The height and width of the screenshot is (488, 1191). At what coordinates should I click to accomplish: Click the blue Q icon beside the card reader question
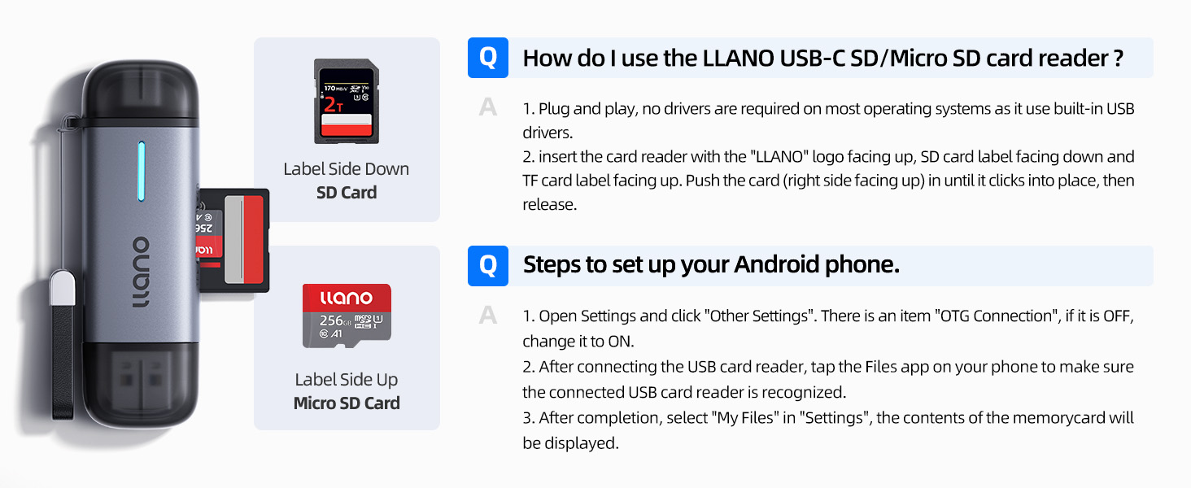pyautogui.click(x=487, y=58)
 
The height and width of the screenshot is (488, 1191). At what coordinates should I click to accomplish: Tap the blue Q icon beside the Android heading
pyautogui.click(x=487, y=266)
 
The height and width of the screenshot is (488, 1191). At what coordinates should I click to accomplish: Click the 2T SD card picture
pyautogui.click(x=346, y=101)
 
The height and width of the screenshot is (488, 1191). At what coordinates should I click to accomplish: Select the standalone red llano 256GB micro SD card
pyautogui.click(x=347, y=316)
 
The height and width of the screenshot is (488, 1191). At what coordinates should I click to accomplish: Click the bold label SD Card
pyautogui.click(x=347, y=193)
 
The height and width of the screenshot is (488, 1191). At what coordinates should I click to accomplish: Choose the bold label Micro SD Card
pyautogui.click(x=347, y=403)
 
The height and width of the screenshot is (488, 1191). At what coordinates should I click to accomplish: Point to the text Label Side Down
pyautogui.click(x=347, y=169)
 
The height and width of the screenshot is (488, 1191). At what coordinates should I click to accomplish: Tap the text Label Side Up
pyautogui.click(x=347, y=380)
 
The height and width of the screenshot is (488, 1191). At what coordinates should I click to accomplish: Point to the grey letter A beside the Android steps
pyautogui.click(x=487, y=316)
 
